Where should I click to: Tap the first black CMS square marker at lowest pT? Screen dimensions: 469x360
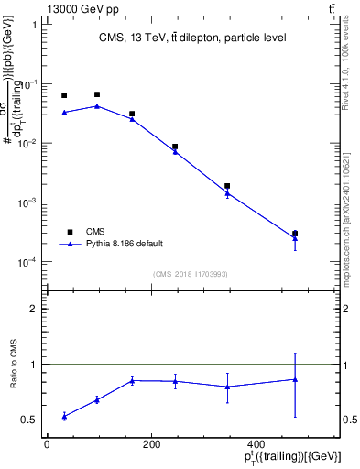[64, 95]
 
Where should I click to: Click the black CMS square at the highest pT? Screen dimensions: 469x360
[295, 234]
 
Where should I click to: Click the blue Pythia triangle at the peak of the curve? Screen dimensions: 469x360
[97, 106]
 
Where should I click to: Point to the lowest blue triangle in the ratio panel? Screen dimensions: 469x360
[64, 417]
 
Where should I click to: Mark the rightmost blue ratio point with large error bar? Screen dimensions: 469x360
[295, 379]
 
